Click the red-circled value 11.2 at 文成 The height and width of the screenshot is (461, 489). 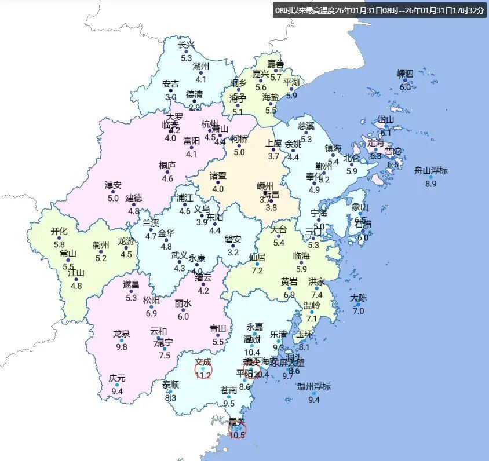[203, 375]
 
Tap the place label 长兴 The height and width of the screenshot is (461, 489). [186, 45]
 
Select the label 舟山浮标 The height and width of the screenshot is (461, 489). [430, 170]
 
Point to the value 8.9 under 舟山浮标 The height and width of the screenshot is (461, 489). [430, 184]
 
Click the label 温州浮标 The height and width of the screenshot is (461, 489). [313, 386]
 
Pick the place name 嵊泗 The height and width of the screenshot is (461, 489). [405, 74]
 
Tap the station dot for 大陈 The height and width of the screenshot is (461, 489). [358, 305]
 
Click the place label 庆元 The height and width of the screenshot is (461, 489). [116, 378]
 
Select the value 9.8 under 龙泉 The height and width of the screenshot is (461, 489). [121, 347]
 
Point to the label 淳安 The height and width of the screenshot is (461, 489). [113, 185]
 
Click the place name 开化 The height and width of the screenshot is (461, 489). [59, 232]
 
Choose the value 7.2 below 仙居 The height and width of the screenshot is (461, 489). [257, 270]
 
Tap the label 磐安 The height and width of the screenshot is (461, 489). [233, 239]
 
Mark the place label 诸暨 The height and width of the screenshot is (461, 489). [218, 175]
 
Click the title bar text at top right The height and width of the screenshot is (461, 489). [379, 10]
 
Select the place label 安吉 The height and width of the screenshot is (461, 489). [170, 84]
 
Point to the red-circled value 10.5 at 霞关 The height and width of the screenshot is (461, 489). [238, 435]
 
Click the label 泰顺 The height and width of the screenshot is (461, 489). [170, 385]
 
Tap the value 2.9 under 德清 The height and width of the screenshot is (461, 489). [194, 107]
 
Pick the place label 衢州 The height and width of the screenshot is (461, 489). [101, 245]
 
